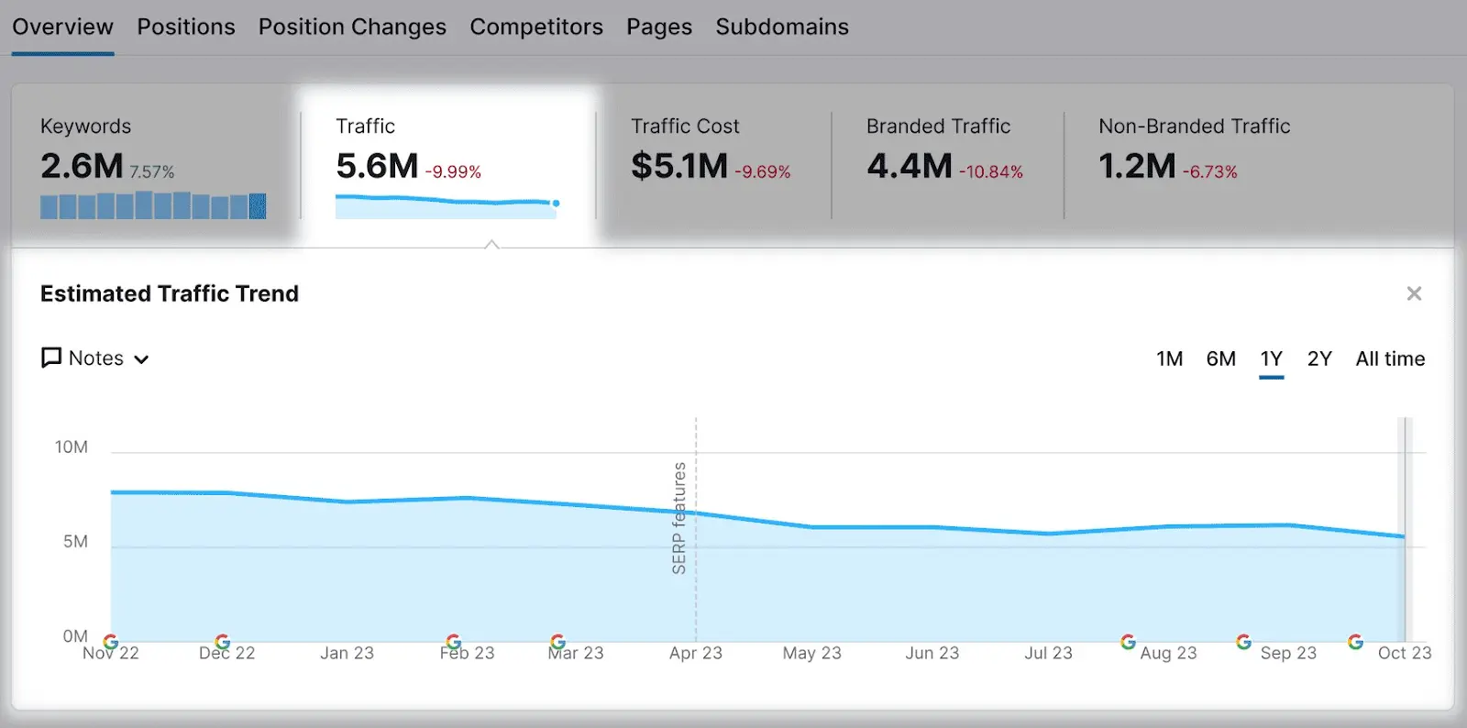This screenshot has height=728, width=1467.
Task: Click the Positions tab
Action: tap(186, 28)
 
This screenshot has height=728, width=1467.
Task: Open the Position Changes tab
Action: tap(352, 28)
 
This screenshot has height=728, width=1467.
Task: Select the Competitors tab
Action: tap(536, 28)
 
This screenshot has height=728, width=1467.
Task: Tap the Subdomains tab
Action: tap(782, 28)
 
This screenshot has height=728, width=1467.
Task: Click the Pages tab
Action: tap(659, 28)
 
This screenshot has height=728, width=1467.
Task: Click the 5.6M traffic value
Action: tap(377, 167)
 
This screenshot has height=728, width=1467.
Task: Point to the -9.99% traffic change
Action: tap(453, 172)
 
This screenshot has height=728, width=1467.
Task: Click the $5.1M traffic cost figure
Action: tap(678, 167)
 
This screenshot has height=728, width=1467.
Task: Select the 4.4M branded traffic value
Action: tap(910, 167)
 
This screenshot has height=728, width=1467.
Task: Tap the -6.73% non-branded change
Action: tap(1210, 172)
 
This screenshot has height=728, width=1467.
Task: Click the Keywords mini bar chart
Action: tap(153, 205)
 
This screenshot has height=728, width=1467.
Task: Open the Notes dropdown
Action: tap(95, 358)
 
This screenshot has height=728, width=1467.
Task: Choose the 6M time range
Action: tap(1220, 358)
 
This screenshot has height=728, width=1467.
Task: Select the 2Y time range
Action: tap(1319, 358)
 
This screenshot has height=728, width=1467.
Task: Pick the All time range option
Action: tap(1390, 358)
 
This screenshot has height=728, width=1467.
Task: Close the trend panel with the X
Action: tap(1414, 293)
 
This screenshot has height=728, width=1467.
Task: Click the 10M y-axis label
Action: tap(72, 447)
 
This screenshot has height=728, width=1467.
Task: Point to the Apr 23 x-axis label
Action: tap(695, 653)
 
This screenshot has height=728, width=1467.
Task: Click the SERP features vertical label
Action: tap(679, 518)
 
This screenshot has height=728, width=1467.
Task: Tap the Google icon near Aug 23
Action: tap(1128, 641)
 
